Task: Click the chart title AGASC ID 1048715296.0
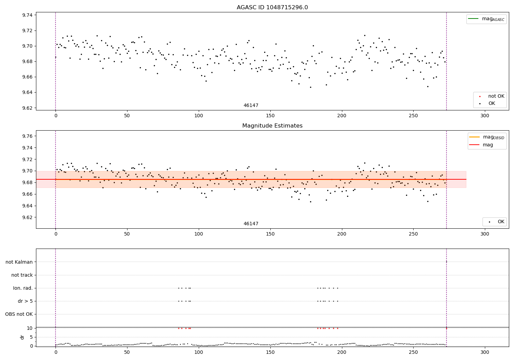pyautogui.click(x=272, y=8)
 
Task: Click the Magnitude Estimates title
pyautogui.click(x=272, y=126)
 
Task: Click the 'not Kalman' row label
pyautogui.click(x=19, y=262)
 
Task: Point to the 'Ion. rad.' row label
pyautogui.click(x=23, y=288)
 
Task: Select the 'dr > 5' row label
pyautogui.click(x=25, y=301)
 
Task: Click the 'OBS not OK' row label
pyautogui.click(x=19, y=314)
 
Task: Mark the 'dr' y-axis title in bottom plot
pyautogui.click(x=22, y=337)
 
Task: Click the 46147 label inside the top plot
pyautogui.click(x=251, y=106)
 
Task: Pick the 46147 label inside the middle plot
pyautogui.click(x=251, y=224)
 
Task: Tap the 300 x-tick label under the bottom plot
pyautogui.click(x=485, y=352)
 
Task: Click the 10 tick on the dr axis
pyautogui.click(x=30, y=328)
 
